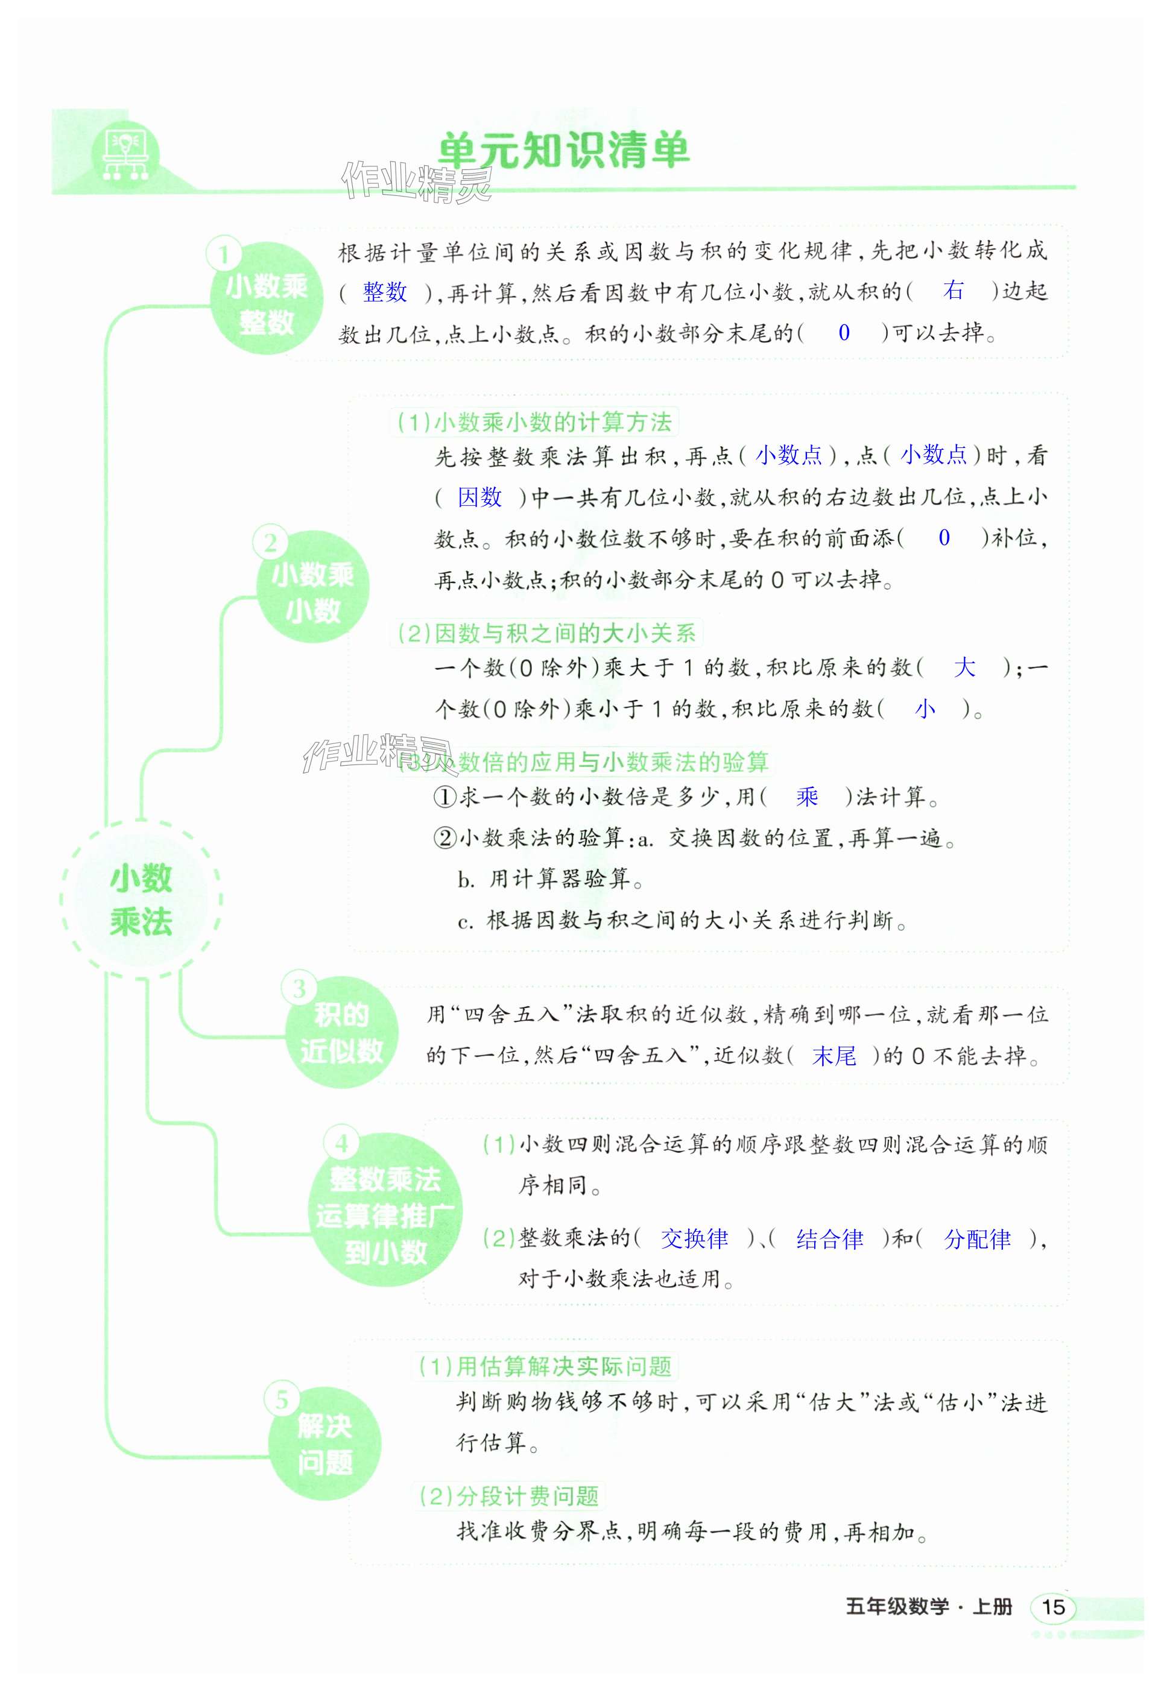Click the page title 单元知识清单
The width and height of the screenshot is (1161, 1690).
coord(564,152)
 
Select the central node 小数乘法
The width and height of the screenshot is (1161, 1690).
coord(141,900)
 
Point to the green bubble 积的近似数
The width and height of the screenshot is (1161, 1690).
coord(341,1033)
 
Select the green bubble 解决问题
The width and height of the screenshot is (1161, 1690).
coord(324,1444)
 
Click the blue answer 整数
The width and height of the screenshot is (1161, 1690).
coord(385,292)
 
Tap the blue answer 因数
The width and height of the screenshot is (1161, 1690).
coord(479,497)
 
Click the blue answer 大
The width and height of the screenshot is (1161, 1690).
coord(964,667)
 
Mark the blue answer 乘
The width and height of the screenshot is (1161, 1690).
coord(807,797)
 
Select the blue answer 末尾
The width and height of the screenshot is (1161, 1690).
coord(834,1056)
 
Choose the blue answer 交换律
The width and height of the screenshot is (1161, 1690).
coord(694,1238)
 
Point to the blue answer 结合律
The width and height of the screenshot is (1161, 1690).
coord(829,1238)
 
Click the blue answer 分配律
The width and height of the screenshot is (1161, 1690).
coord(977,1238)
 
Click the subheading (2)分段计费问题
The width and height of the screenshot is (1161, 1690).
coord(509,1496)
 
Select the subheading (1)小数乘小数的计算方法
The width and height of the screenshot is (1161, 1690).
coord(535,422)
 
